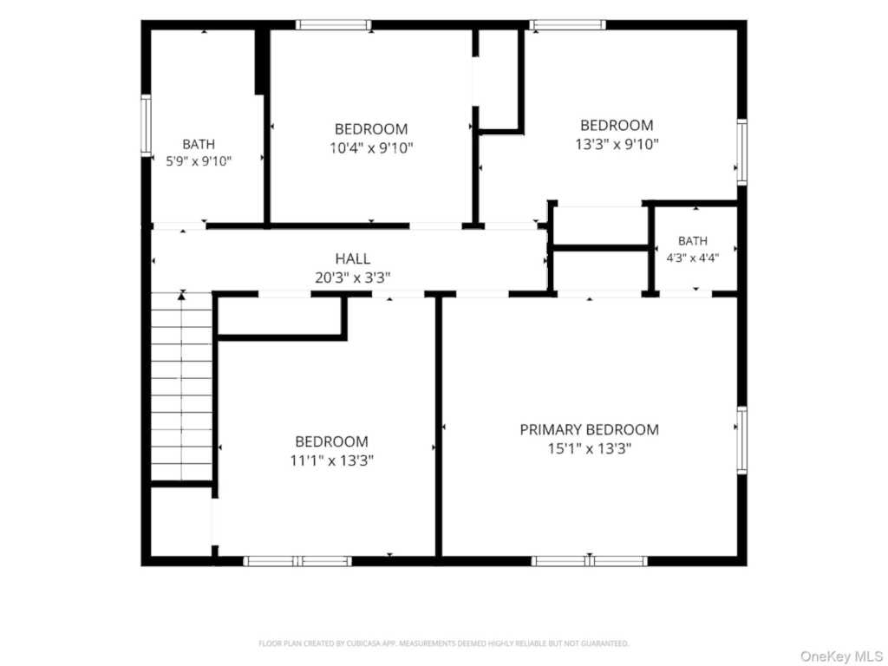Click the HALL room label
click(352, 258)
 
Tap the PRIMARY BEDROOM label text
click(589, 430)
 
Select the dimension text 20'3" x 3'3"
click(352, 278)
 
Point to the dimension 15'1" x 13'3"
click(589, 449)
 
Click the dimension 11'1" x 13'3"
click(331, 460)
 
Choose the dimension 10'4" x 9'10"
click(371, 148)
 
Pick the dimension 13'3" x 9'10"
click(617, 145)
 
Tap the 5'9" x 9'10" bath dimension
click(199, 161)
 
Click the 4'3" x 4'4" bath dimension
click(693, 258)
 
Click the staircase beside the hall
click(181, 386)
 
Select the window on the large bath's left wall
click(146, 125)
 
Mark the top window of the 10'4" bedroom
click(334, 25)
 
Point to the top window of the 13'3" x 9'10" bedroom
click(567, 25)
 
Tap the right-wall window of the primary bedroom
click(741, 440)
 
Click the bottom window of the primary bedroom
click(589, 561)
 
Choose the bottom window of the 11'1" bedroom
click(297, 561)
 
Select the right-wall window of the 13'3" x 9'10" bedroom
click(741, 152)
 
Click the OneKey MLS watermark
click(841, 656)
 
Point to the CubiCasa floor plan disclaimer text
click(443, 643)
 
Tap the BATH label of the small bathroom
click(693, 241)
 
